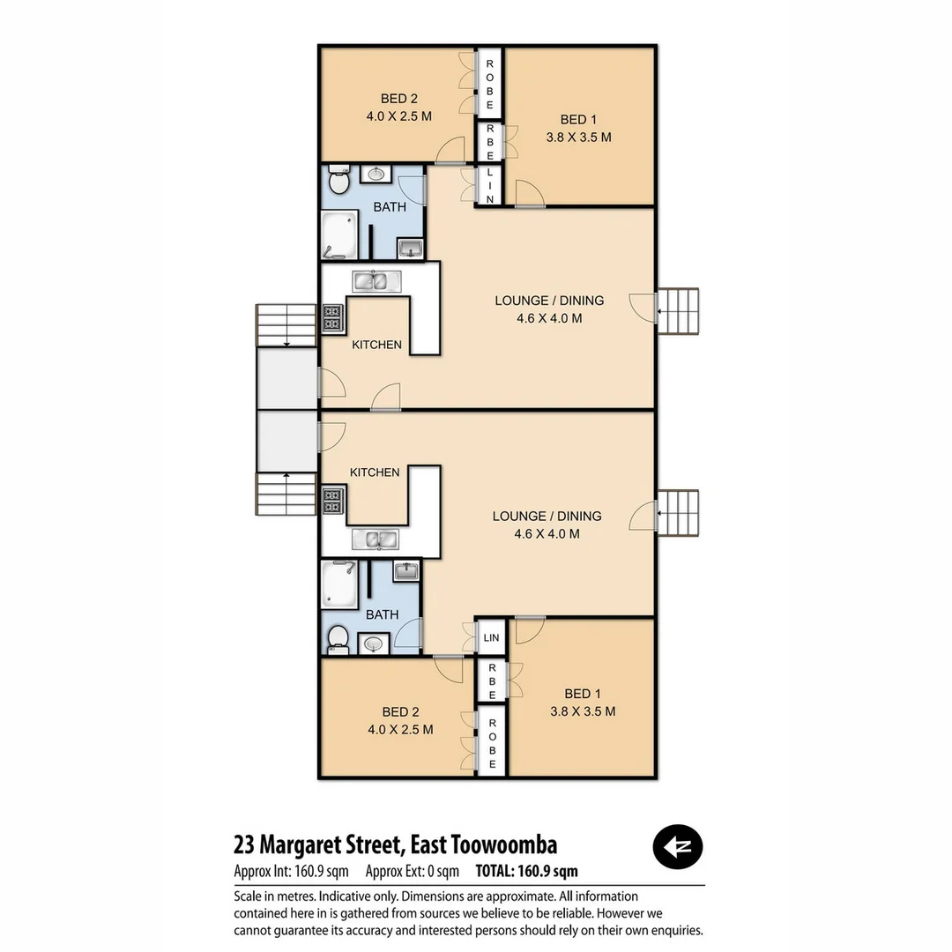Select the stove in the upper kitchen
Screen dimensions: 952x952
[x=332, y=317]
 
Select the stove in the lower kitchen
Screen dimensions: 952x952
[x=332, y=502]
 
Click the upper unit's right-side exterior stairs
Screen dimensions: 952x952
[x=679, y=311]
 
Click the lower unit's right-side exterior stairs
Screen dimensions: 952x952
[x=679, y=513]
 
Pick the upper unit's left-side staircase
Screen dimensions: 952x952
[x=286, y=325]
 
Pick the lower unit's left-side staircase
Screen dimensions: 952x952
[x=286, y=495]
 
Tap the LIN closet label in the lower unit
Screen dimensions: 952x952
[x=491, y=637]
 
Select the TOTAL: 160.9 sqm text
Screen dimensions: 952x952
[x=526, y=872]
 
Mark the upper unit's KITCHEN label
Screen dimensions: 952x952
[x=376, y=345]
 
